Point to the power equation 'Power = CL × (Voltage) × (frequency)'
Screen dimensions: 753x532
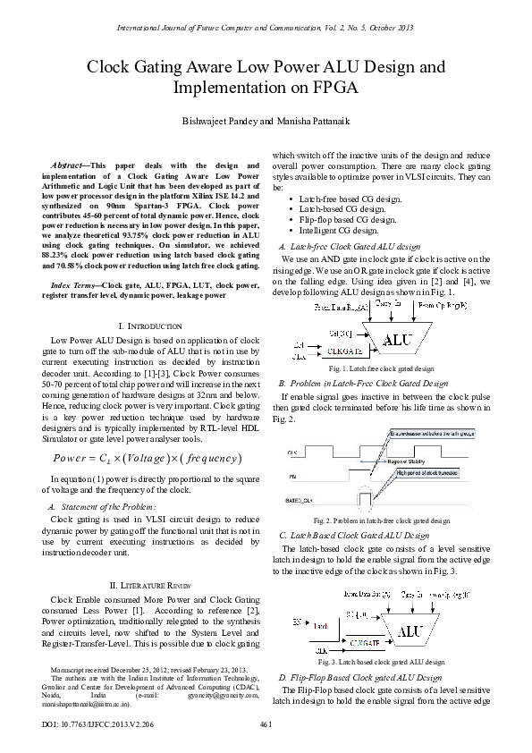pyautogui.click(x=148, y=459)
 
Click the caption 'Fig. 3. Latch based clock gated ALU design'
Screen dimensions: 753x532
pyautogui.click(x=381, y=662)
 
